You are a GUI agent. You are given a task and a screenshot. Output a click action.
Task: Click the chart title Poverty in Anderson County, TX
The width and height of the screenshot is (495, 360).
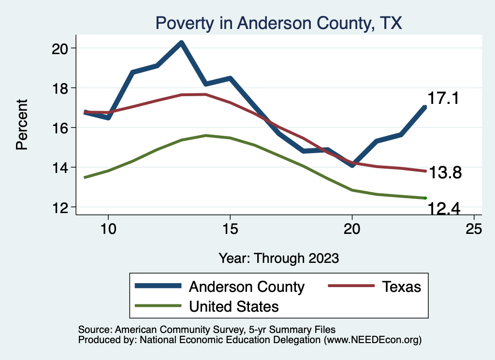click(x=278, y=23)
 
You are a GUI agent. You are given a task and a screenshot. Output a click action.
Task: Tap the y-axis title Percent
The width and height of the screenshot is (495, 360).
click(x=22, y=124)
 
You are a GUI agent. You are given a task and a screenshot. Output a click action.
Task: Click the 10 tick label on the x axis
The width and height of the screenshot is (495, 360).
click(x=108, y=229)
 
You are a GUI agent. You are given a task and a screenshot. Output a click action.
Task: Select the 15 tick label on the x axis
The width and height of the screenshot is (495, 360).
click(x=230, y=229)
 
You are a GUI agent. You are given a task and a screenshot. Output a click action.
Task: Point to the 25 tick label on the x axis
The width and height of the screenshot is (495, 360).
click(x=474, y=229)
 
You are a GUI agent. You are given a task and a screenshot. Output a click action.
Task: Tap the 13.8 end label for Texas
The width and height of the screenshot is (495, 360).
click(x=446, y=173)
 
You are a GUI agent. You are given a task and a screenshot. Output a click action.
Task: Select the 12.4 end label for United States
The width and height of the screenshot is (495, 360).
click(x=443, y=209)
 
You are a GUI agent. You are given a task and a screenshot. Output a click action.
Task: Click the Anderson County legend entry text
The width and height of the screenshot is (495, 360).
click(x=247, y=287)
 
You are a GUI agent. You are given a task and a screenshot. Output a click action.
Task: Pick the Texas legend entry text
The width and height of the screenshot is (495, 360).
click(x=402, y=287)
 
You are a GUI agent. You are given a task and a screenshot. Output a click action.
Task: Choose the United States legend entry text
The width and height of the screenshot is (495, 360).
click(x=234, y=306)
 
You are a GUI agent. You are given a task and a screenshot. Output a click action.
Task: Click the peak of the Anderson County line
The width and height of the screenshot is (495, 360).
click(x=181, y=43)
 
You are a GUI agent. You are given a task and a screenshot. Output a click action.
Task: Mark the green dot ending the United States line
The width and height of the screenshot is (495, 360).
click(x=425, y=198)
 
